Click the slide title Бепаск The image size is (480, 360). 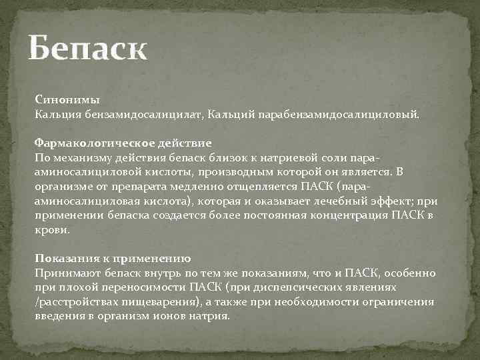pyautogui.click(x=87, y=50)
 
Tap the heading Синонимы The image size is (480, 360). pyautogui.click(x=67, y=101)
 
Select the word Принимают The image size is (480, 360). pyautogui.click(x=65, y=273)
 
